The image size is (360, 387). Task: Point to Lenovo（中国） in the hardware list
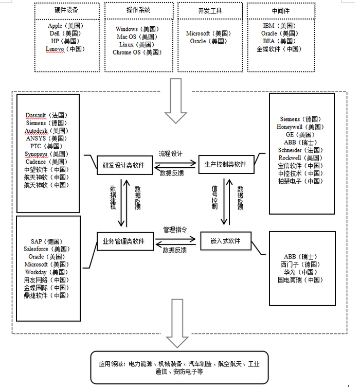pos(65,49)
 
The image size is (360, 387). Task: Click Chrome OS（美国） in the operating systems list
pos(137,52)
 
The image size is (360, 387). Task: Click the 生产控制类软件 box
pos(225,165)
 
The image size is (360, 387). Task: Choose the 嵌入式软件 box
pos(225,240)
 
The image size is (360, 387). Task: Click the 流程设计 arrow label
pos(171,154)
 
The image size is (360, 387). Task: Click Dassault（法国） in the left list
pos(47,115)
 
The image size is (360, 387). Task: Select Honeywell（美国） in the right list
pos(301,127)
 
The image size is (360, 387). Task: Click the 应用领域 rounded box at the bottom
pos(179,367)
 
